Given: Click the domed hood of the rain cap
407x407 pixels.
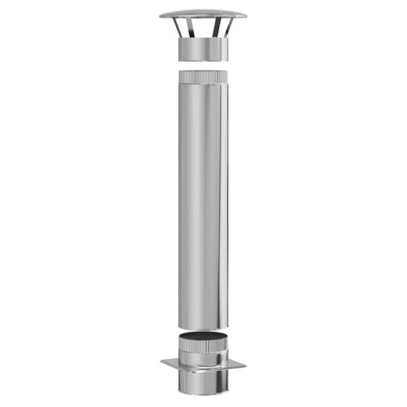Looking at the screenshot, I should tap(203, 15).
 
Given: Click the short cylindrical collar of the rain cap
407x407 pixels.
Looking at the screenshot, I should tap(203, 50).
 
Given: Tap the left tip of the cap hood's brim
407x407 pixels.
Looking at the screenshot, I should tap(160, 18).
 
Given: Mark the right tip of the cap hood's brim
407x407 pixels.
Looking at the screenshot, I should tap(246, 18).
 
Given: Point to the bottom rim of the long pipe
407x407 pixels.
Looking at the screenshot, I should tap(203, 329).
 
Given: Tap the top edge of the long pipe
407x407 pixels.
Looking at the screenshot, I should tap(203, 71).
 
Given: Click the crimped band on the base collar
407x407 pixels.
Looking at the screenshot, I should tap(203, 349).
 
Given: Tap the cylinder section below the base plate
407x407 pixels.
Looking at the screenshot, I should tap(203, 384).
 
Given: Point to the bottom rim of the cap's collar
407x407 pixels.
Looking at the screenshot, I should tap(203, 62).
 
